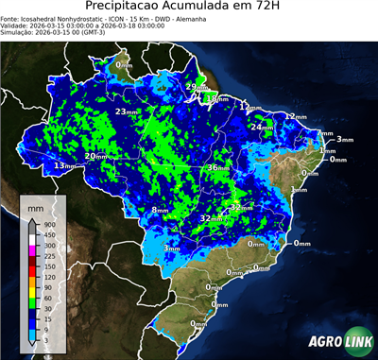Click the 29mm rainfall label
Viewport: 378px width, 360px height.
[x=192, y=87]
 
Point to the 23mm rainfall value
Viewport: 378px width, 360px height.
[x=126, y=111]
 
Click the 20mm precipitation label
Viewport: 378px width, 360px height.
[x=95, y=156]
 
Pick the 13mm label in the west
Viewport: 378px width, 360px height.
[x=64, y=166]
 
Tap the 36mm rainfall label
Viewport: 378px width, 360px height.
[x=218, y=167]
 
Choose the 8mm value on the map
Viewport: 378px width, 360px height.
[x=160, y=210]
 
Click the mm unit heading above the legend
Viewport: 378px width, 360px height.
[x=35, y=205]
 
